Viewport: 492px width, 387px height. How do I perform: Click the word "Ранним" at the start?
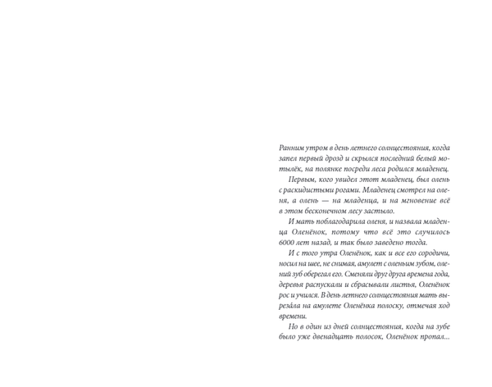[292, 148]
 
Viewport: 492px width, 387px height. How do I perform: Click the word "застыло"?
[379, 211]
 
